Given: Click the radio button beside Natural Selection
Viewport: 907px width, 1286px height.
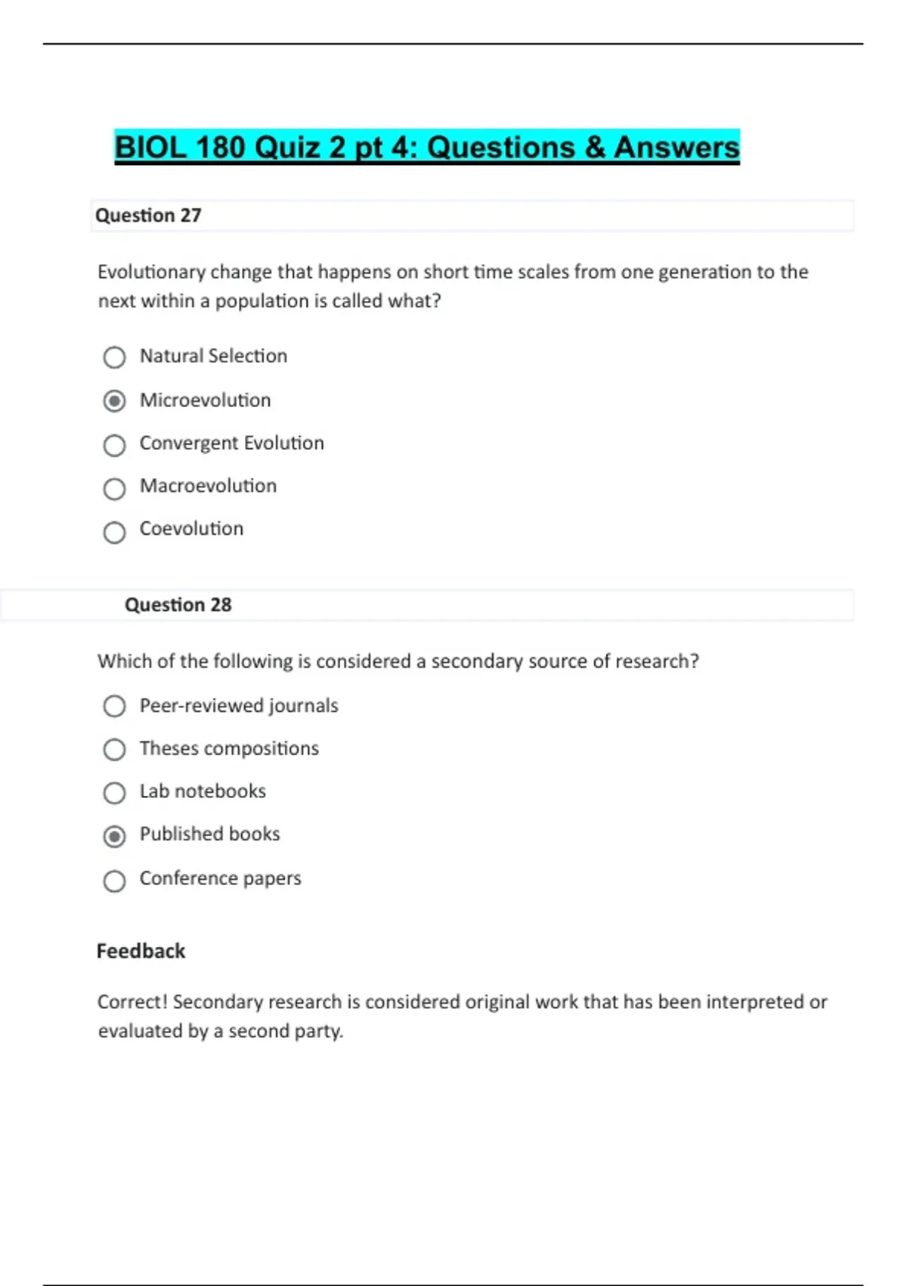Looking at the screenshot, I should point(114,357).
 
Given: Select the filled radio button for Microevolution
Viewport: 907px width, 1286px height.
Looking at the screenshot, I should point(114,400).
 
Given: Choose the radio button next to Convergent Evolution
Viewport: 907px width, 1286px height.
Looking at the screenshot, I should point(114,446).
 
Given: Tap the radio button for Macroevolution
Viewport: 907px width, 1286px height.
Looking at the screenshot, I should point(114,489).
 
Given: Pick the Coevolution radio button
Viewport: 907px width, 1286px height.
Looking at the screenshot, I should point(114,533).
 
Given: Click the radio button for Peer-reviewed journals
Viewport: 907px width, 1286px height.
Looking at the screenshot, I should point(114,706).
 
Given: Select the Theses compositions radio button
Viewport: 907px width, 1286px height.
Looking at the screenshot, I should point(114,750).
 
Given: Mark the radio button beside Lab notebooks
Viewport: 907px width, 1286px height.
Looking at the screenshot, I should point(114,793).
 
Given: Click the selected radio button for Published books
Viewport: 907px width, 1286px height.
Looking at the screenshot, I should point(114,837).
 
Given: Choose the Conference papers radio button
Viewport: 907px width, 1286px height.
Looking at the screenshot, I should point(114,881).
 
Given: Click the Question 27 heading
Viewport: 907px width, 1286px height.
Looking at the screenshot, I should point(148,216).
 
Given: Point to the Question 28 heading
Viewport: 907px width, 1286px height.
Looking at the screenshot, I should point(178,605).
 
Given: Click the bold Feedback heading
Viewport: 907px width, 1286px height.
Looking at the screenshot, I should point(141,951).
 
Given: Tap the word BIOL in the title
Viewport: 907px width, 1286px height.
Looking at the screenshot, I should point(150,148).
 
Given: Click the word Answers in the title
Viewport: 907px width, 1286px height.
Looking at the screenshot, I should point(676,148).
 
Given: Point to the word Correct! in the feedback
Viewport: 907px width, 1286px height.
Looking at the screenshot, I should point(132,1002).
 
